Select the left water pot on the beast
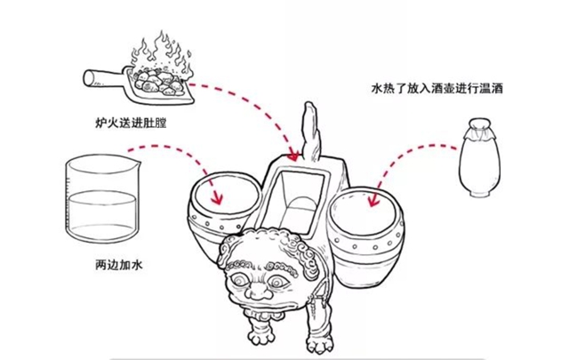[x=221, y=213]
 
